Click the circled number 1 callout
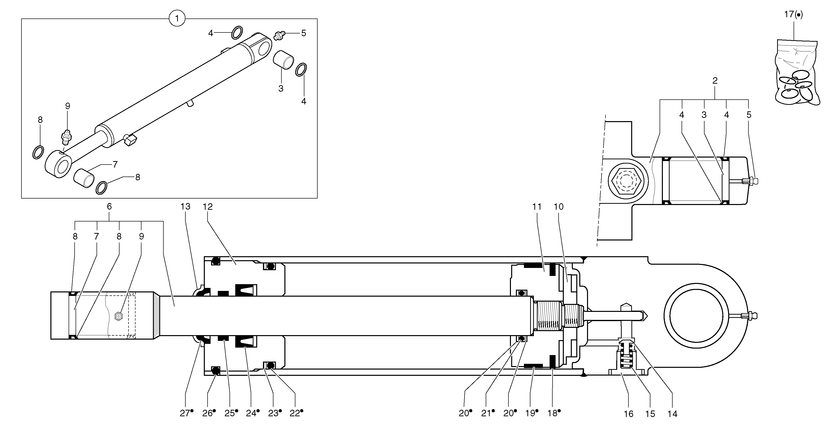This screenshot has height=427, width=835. coord(177,18)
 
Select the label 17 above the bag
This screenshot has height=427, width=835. coord(793,14)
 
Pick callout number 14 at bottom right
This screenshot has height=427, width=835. coord(672,414)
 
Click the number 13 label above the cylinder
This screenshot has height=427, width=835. coord(185,206)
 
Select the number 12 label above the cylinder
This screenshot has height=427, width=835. coord(208,206)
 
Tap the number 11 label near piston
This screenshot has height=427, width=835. coord(537,206)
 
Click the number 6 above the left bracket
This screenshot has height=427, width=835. coord(109,206)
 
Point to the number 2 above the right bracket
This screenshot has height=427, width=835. coord(715,80)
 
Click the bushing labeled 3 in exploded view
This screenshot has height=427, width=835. coord(283,60)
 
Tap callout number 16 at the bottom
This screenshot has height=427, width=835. coord(628,414)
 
